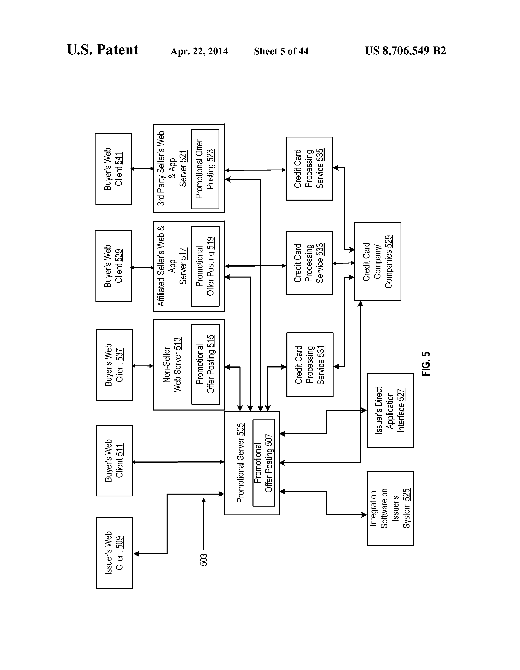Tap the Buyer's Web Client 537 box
(x=114, y=365)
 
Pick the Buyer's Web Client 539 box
(x=114, y=266)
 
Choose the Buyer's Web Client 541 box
(x=114, y=169)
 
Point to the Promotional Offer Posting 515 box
(x=206, y=364)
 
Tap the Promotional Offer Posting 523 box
(x=205, y=169)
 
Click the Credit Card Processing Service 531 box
(x=310, y=364)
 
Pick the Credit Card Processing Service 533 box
(x=309, y=263)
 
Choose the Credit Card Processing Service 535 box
(x=309, y=169)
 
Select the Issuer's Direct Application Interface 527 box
(x=390, y=411)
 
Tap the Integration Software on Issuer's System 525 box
(x=390, y=508)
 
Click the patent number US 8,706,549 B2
(x=405, y=51)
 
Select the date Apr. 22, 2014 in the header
(x=199, y=51)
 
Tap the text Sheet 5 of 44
(x=281, y=51)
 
